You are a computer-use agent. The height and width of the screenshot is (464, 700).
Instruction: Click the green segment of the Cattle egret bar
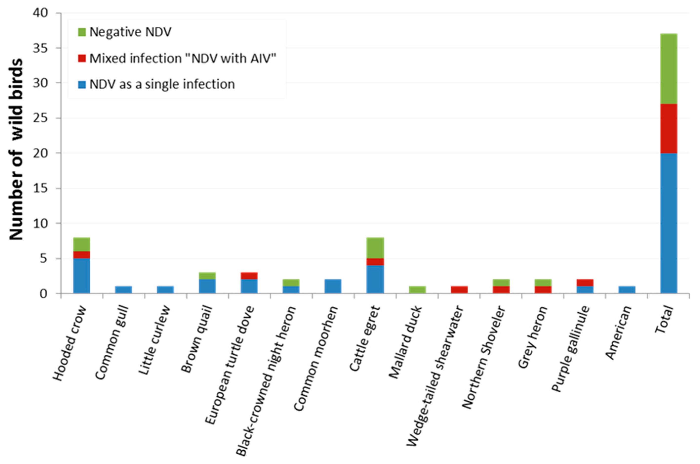pos(375,248)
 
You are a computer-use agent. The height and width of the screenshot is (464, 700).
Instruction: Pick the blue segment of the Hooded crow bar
pos(82,276)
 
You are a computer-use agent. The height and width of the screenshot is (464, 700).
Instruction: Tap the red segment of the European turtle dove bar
pos(249,276)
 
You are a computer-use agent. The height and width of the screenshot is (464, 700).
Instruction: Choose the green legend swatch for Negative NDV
pos(82,32)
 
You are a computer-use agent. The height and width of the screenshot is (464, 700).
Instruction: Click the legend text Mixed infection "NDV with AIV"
pos(182,58)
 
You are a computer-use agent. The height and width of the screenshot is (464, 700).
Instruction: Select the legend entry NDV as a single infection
pos(162,84)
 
